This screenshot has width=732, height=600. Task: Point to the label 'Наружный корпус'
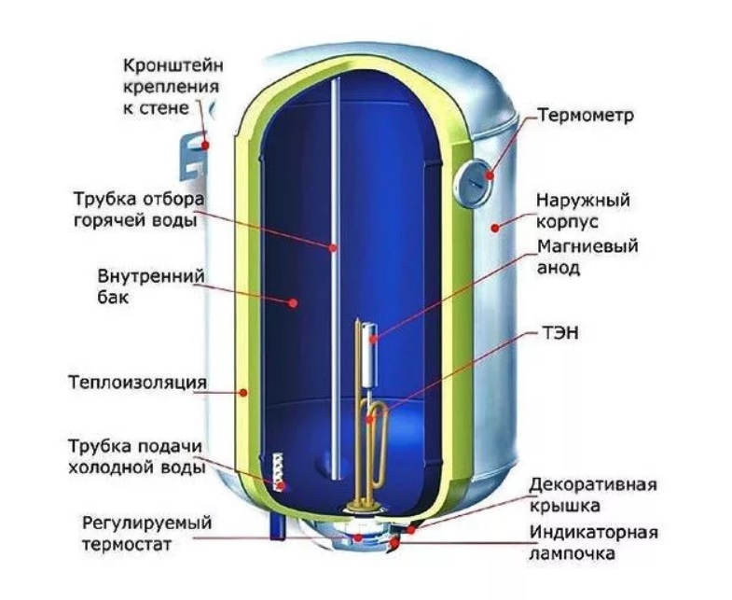click(584, 213)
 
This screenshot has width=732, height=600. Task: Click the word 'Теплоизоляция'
click(137, 384)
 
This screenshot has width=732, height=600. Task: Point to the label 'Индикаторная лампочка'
click(594, 543)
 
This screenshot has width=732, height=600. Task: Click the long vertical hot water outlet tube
click(334, 280)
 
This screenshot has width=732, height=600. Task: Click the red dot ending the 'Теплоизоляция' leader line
click(245, 394)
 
